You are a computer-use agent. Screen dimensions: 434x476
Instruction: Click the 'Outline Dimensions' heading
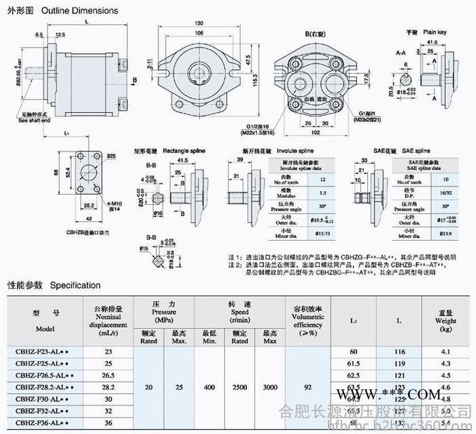pos(80,11)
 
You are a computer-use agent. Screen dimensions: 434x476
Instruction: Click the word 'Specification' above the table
pos(75,285)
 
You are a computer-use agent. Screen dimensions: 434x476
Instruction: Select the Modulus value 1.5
pos(322,193)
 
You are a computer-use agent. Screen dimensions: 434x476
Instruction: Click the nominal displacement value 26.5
pos(107,375)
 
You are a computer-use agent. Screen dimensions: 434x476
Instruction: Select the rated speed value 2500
pos(239,387)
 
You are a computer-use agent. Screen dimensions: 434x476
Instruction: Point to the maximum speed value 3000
pos(271,387)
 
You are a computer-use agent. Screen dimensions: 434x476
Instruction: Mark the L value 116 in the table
pos(399,352)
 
